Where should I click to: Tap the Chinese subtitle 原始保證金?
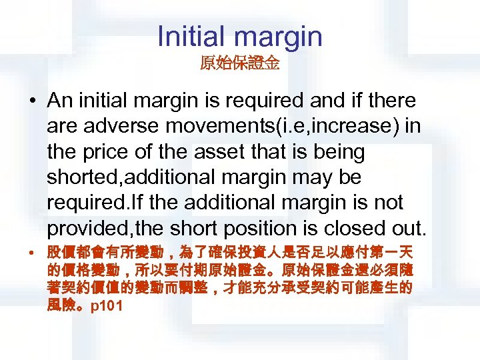(x=239, y=65)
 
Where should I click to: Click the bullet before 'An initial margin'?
(x=33, y=102)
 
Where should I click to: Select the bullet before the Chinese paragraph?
(x=33, y=255)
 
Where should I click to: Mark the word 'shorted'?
(x=83, y=177)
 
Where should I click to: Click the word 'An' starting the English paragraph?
(x=59, y=101)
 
